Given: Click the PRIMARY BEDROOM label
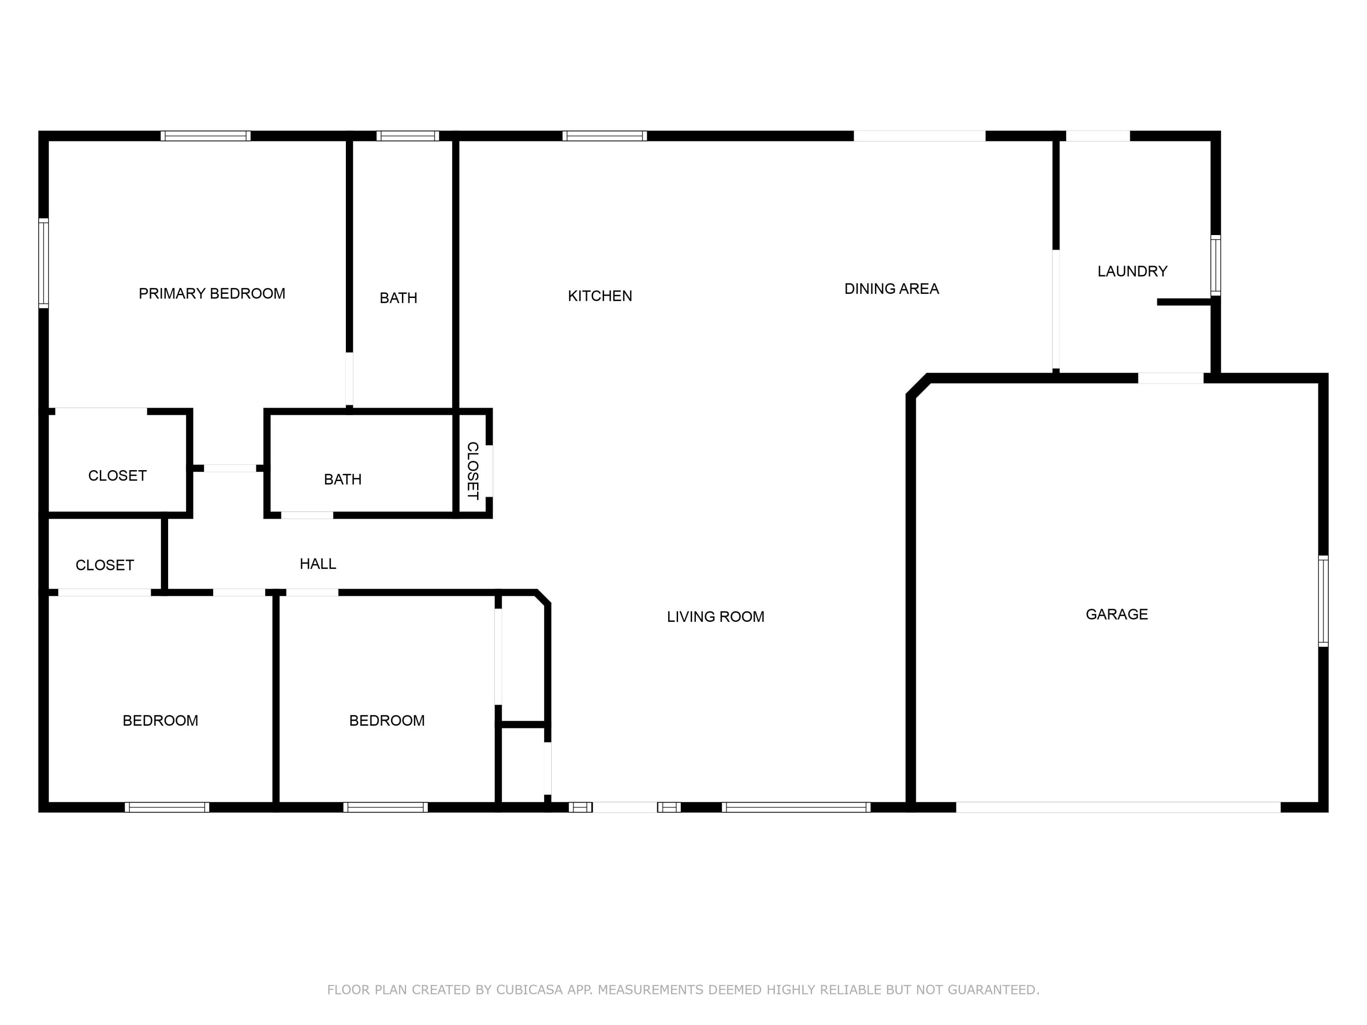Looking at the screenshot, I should pyautogui.click(x=211, y=293).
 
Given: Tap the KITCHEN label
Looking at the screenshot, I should pyautogui.click(x=600, y=296).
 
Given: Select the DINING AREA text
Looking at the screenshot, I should pyautogui.click(x=891, y=288).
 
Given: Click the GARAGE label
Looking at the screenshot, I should pyautogui.click(x=1116, y=614).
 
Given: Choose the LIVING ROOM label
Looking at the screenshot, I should pyautogui.click(x=715, y=617).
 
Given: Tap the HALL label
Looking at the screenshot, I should pyautogui.click(x=318, y=564).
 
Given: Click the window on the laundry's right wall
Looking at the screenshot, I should pyautogui.click(x=1215, y=266).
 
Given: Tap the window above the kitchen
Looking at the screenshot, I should pyautogui.click(x=604, y=136).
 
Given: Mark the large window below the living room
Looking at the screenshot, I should pyautogui.click(x=796, y=807).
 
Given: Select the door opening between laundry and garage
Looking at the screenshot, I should pyautogui.click(x=1171, y=378).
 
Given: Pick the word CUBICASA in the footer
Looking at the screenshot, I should pyautogui.click(x=529, y=990).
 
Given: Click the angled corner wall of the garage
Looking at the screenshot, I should pyautogui.click(x=918, y=385).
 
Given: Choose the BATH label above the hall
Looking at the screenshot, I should pyautogui.click(x=342, y=479).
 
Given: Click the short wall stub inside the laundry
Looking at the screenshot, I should pyautogui.click(x=1183, y=302).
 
